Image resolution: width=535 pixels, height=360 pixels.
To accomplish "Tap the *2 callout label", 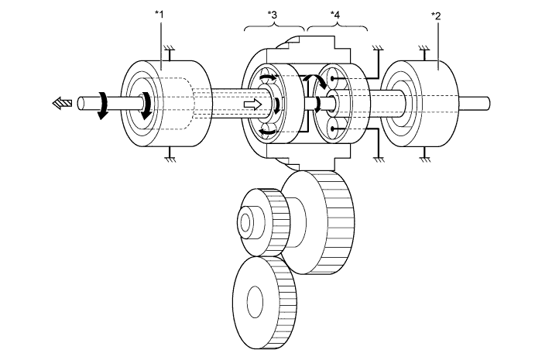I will click(x=438, y=16).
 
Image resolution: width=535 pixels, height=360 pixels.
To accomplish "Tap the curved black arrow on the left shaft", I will click(x=101, y=109).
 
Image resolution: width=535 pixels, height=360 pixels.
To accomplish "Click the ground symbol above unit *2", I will click(x=425, y=47).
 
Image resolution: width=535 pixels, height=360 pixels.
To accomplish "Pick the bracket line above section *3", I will click(x=275, y=27).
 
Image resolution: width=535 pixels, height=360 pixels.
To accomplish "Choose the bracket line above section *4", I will click(x=337, y=27).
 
